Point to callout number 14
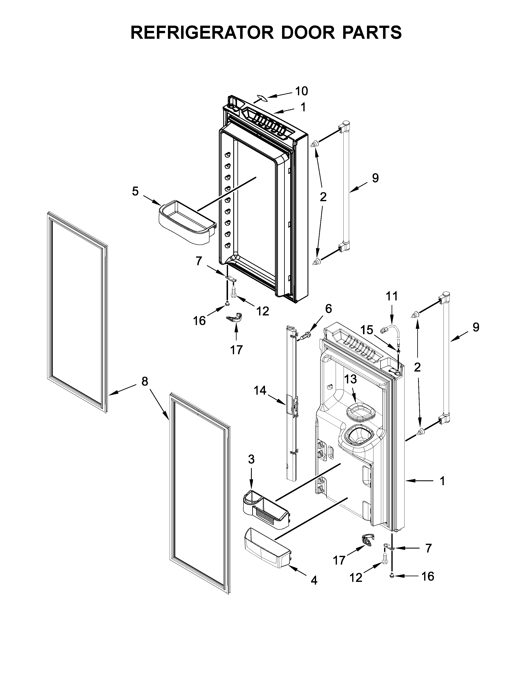[260, 391]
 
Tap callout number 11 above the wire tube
[392, 296]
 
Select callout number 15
[367, 330]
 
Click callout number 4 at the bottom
[314, 580]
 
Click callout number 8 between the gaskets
[144, 382]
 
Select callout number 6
[328, 309]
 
